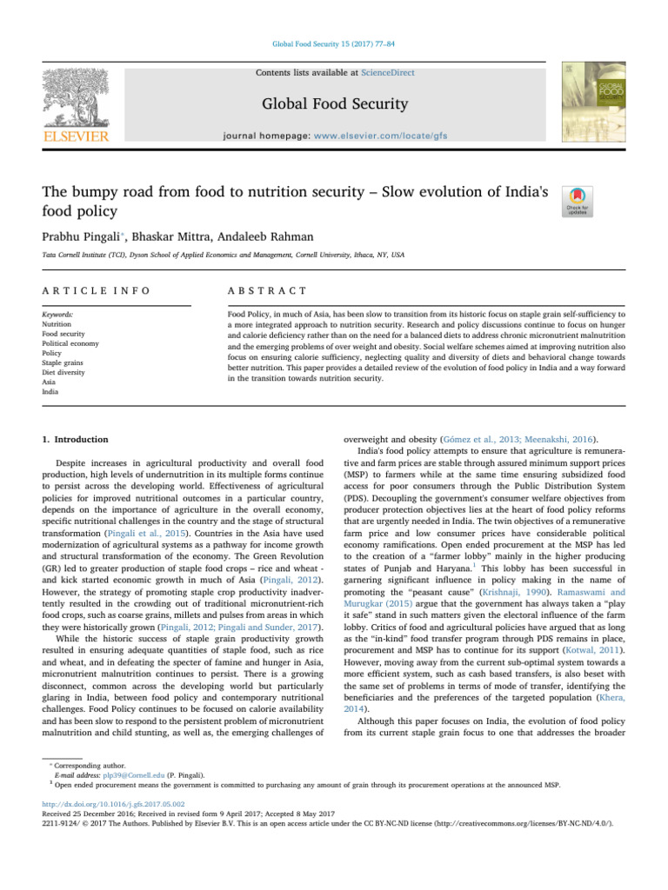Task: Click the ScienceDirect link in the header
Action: tap(390, 73)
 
